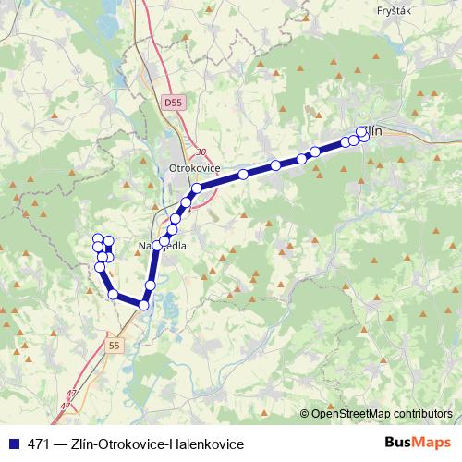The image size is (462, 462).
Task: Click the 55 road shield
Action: pos(113,345)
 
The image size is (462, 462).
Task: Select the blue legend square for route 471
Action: pos(13,444)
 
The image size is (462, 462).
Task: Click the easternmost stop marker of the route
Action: pos(362,132)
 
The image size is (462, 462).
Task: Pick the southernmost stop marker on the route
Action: pos(143,305)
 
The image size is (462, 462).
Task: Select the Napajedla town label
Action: pos(163,247)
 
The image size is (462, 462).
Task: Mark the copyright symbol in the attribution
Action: pos(305,414)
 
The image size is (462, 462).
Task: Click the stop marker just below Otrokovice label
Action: pos(196,188)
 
